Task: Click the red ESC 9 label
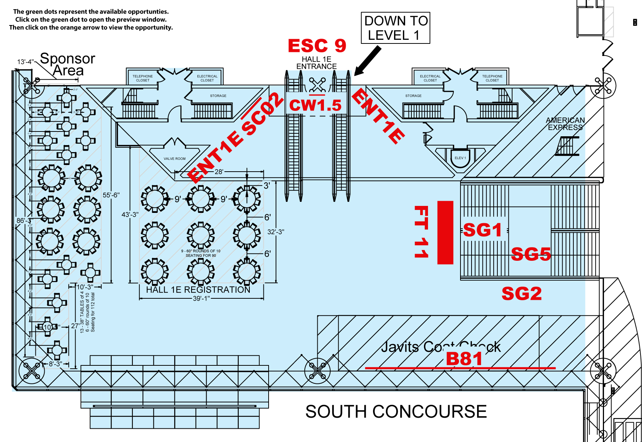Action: coord(317,46)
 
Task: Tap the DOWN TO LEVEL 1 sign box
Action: coord(396,28)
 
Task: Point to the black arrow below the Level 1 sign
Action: coord(368,60)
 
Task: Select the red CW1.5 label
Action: coord(315,105)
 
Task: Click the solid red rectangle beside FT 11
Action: coord(445,232)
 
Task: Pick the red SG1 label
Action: coord(482,230)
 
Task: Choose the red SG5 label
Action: coord(531,254)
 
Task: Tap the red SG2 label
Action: coord(521,294)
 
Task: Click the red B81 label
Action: coord(464,359)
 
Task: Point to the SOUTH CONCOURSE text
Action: coord(396,411)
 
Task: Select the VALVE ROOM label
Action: coord(175,159)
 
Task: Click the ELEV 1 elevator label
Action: coord(460,158)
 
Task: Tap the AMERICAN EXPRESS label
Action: coord(565,124)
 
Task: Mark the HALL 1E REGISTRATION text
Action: coord(198,290)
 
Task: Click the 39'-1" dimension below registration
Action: coord(201,298)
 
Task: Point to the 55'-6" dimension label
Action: coord(111,195)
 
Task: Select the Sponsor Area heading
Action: coord(68,64)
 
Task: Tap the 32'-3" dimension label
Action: coord(276,232)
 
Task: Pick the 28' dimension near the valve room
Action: coord(219,172)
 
